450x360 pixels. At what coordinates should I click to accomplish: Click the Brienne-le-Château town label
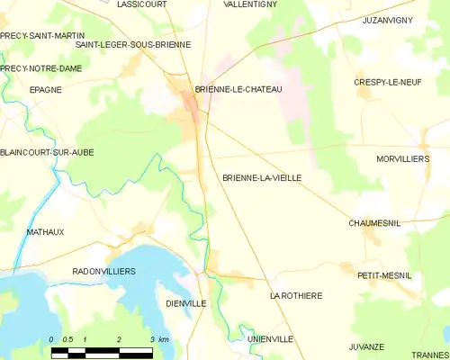click(x=238, y=89)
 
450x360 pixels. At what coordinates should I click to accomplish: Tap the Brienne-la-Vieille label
click(x=262, y=178)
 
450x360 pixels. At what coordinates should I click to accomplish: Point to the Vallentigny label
click(x=250, y=4)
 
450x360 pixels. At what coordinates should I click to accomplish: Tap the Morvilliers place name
click(x=402, y=158)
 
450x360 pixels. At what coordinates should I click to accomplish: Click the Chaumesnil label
click(x=374, y=222)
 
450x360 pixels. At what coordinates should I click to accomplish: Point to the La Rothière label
click(x=296, y=295)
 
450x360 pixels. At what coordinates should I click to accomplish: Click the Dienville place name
click(x=186, y=303)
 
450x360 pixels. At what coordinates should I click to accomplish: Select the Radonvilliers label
click(x=103, y=271)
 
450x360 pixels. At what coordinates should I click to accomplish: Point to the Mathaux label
click(x=45, y=231)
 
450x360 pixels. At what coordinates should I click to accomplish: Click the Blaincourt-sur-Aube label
click(x=47, y=152)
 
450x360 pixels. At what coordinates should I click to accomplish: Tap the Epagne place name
click(x=45, y=90)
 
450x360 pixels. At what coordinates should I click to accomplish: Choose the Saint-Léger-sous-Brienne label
click(x=133, y=44)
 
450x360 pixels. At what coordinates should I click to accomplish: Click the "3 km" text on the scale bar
click(x=158, y=339)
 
